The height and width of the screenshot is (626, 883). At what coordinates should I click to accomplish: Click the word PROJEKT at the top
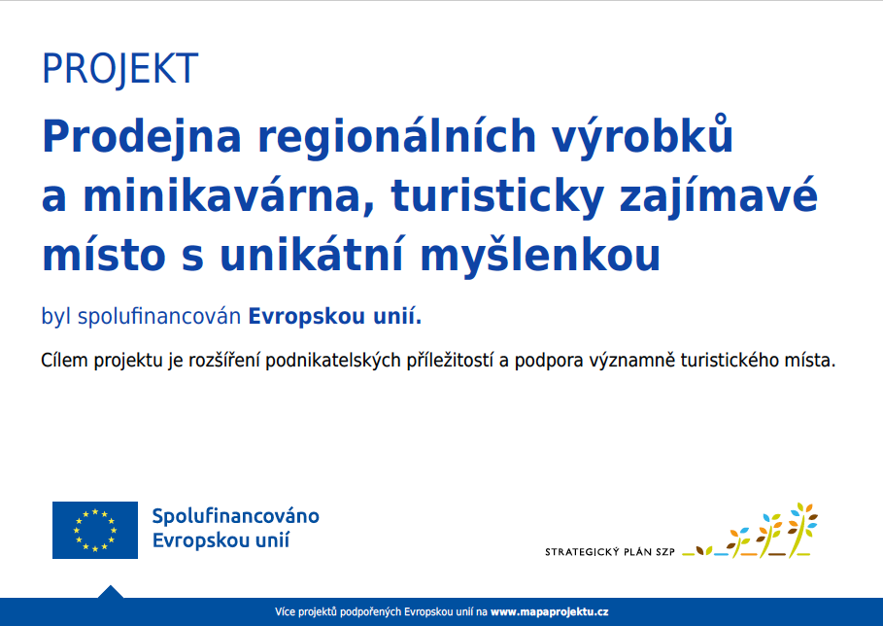point(119,69)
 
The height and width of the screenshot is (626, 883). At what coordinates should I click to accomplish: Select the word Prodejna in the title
point(142,137)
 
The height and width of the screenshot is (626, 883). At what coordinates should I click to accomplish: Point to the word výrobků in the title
point(642,135)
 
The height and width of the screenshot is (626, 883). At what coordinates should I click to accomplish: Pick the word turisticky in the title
point(497,197)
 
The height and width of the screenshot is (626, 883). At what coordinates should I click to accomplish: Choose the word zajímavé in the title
point(719,197)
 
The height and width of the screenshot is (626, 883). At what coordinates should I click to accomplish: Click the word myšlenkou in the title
point(540,257)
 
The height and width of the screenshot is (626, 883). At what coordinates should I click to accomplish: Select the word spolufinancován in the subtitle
point(159,316)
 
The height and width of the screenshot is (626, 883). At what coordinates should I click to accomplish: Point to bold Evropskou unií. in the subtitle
point(335,316)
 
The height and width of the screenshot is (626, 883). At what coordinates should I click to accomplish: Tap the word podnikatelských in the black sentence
point(333,361)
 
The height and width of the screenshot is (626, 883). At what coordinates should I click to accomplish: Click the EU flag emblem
point(95,530)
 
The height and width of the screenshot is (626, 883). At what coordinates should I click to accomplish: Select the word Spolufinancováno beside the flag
point(236,516)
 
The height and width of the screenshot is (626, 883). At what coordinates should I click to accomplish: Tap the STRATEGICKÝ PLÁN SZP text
point(610,551)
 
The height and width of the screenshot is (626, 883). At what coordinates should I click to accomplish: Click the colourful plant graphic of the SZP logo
point(750,530)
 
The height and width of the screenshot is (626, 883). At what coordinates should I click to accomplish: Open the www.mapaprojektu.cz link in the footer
point(549,612)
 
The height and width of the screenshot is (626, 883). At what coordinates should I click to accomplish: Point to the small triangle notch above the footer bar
point(111,592)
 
